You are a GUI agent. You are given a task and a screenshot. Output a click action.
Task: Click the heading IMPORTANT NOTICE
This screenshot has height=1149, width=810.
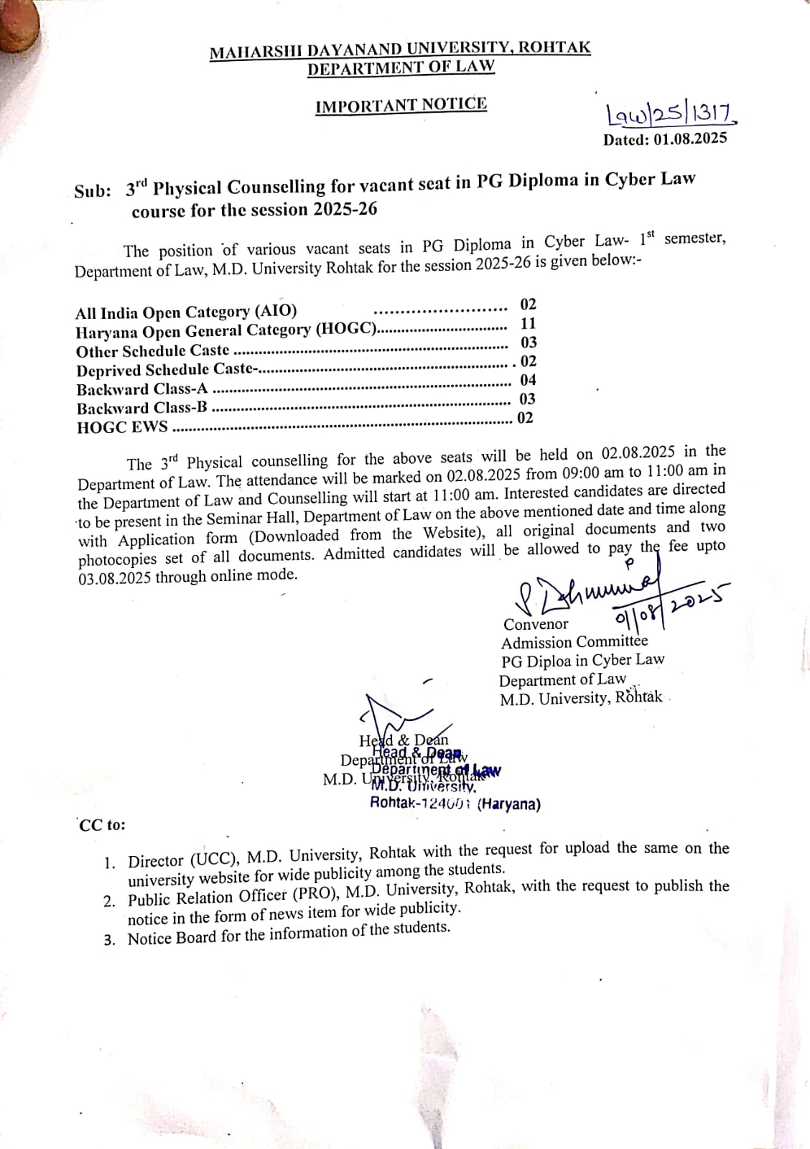pos(401,105)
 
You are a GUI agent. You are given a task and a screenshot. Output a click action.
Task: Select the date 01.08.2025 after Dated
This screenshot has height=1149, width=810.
pos(690,138)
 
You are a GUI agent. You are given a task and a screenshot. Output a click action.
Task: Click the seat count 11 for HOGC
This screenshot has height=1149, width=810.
pos(529,323)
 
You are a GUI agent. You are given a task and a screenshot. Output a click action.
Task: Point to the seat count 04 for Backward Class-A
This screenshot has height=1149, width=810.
pos(528,380)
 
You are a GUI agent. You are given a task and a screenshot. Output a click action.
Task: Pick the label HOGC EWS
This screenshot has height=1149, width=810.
pos(122,427)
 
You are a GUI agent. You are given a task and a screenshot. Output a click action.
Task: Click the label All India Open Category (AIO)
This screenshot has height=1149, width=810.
pos(186,312)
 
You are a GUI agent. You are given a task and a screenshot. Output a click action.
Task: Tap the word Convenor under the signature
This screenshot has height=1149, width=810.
pos(536,624)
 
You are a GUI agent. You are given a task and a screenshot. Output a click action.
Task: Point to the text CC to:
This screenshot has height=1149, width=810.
pos(102,825)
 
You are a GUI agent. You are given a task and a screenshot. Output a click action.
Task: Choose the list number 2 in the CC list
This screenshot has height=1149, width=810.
pos(109,902)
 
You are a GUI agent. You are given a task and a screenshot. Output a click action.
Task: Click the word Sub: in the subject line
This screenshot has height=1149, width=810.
pos(93,192)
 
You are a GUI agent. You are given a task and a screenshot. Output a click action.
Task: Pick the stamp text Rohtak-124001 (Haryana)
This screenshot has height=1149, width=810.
pos(455,804)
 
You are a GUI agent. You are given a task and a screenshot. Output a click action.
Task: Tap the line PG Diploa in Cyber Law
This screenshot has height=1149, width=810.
pos(582,660)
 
